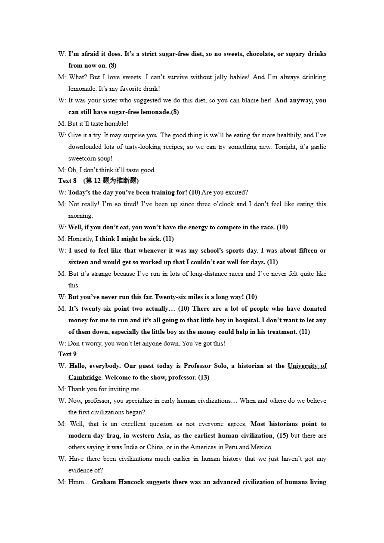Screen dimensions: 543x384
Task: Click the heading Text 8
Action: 68,181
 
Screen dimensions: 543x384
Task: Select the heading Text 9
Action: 68,354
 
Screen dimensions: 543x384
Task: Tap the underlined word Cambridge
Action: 85,377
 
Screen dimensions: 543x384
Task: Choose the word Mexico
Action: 261,447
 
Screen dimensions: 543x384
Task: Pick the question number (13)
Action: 204,377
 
